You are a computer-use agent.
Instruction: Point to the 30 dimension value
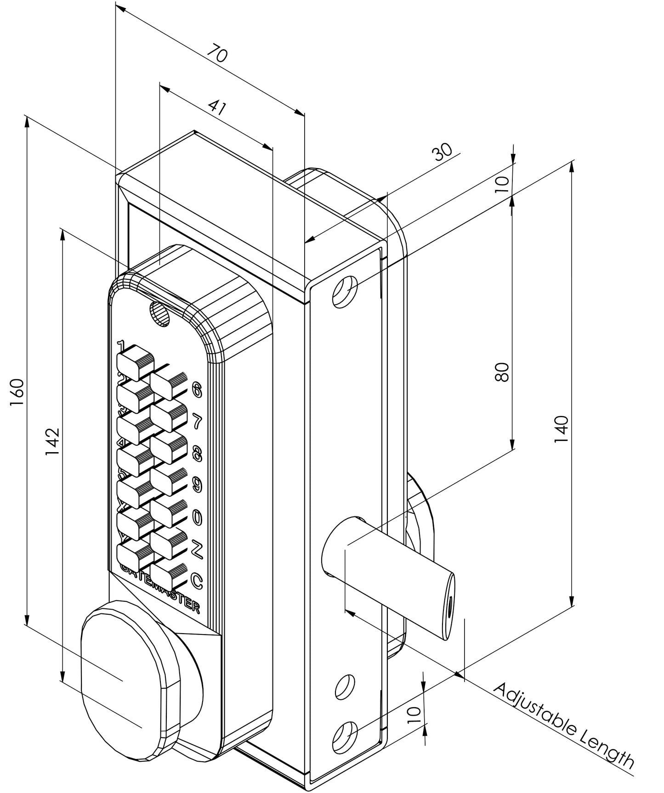[x=443, y=152]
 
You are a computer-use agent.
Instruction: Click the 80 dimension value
[x=502, y=372]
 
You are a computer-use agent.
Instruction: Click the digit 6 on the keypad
[x=197, y=389]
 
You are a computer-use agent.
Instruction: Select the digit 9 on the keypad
[x=197, y=484]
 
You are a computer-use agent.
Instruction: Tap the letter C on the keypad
[x=197, y=582]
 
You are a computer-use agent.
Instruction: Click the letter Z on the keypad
[x=197, y=549]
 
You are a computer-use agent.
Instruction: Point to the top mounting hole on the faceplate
[x=346, y=292]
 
